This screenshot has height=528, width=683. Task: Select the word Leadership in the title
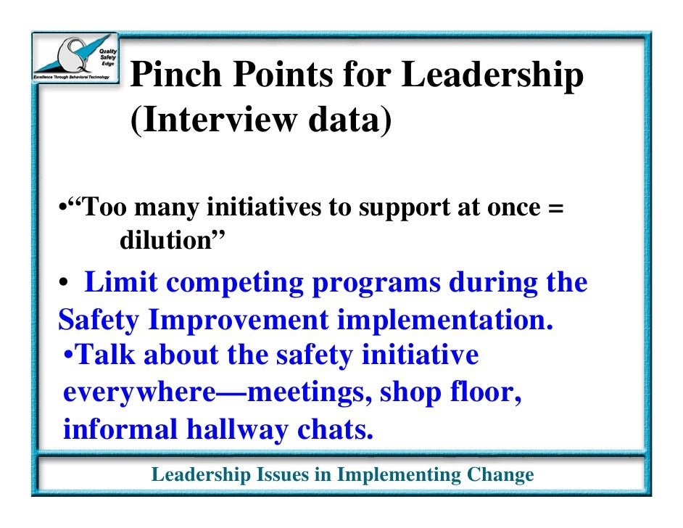(493, 76)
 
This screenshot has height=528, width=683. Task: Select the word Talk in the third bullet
(107, 355)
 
